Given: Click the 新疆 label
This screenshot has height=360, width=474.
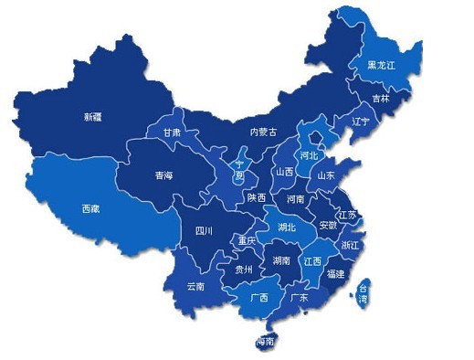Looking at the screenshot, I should click(92, 117).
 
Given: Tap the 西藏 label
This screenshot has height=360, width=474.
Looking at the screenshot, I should click(90, 208).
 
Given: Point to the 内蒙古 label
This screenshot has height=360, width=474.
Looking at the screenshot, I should click(263, 132).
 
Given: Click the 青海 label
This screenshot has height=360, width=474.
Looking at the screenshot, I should click(163, 176).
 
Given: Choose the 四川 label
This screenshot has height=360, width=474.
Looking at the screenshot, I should click(203, 232).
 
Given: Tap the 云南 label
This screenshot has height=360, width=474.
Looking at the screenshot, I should click(195, 286).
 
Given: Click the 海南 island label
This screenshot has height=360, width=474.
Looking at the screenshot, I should click(266, 342).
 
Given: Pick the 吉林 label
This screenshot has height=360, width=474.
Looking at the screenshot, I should click(380, 98).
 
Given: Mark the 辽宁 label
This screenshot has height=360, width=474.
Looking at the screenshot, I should click(361, 121).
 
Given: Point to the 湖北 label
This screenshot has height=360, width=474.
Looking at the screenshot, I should click(287, 227).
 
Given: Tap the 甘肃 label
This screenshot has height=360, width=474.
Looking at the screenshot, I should click(172, 132).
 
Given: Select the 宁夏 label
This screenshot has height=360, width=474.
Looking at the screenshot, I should click(240, 169).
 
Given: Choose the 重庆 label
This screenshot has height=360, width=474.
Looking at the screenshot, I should click(247, 241).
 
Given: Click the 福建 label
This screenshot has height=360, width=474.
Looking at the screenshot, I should click(335, 273).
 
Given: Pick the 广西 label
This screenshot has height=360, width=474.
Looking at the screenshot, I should click(259, 298).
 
